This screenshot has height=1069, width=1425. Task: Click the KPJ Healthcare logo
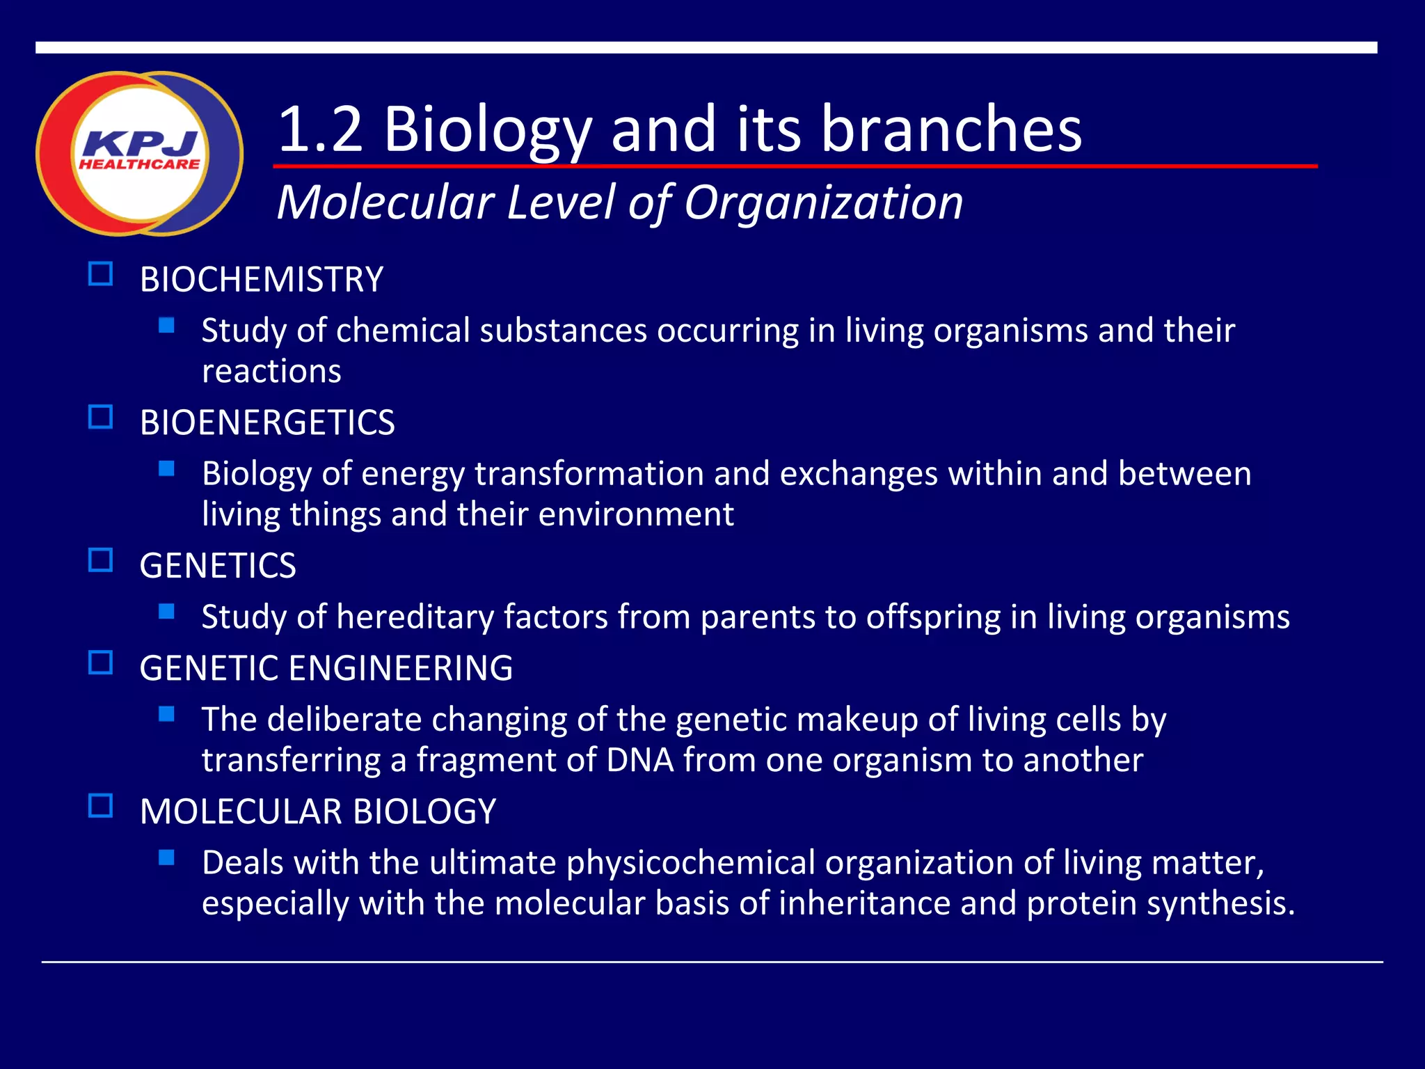139,154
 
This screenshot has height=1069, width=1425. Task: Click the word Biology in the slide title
487,130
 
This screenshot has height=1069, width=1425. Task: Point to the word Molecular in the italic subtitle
385,203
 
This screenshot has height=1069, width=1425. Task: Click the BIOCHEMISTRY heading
261,280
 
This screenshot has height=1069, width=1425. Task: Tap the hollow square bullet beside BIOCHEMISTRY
101,274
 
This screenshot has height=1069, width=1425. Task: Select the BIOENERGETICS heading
267,422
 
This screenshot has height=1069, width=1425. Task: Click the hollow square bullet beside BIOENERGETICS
101,417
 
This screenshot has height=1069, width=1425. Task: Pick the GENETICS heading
218,566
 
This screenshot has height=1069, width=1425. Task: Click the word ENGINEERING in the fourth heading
400,668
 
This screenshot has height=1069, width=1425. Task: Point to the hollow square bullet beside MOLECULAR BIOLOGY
101,806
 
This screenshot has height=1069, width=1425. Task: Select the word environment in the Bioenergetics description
636,515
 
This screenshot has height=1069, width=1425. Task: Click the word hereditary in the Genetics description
415,617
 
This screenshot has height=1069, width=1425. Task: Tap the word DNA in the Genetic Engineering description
639,761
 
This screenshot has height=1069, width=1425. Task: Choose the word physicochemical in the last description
690,864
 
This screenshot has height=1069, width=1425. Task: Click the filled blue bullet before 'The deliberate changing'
166,714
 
